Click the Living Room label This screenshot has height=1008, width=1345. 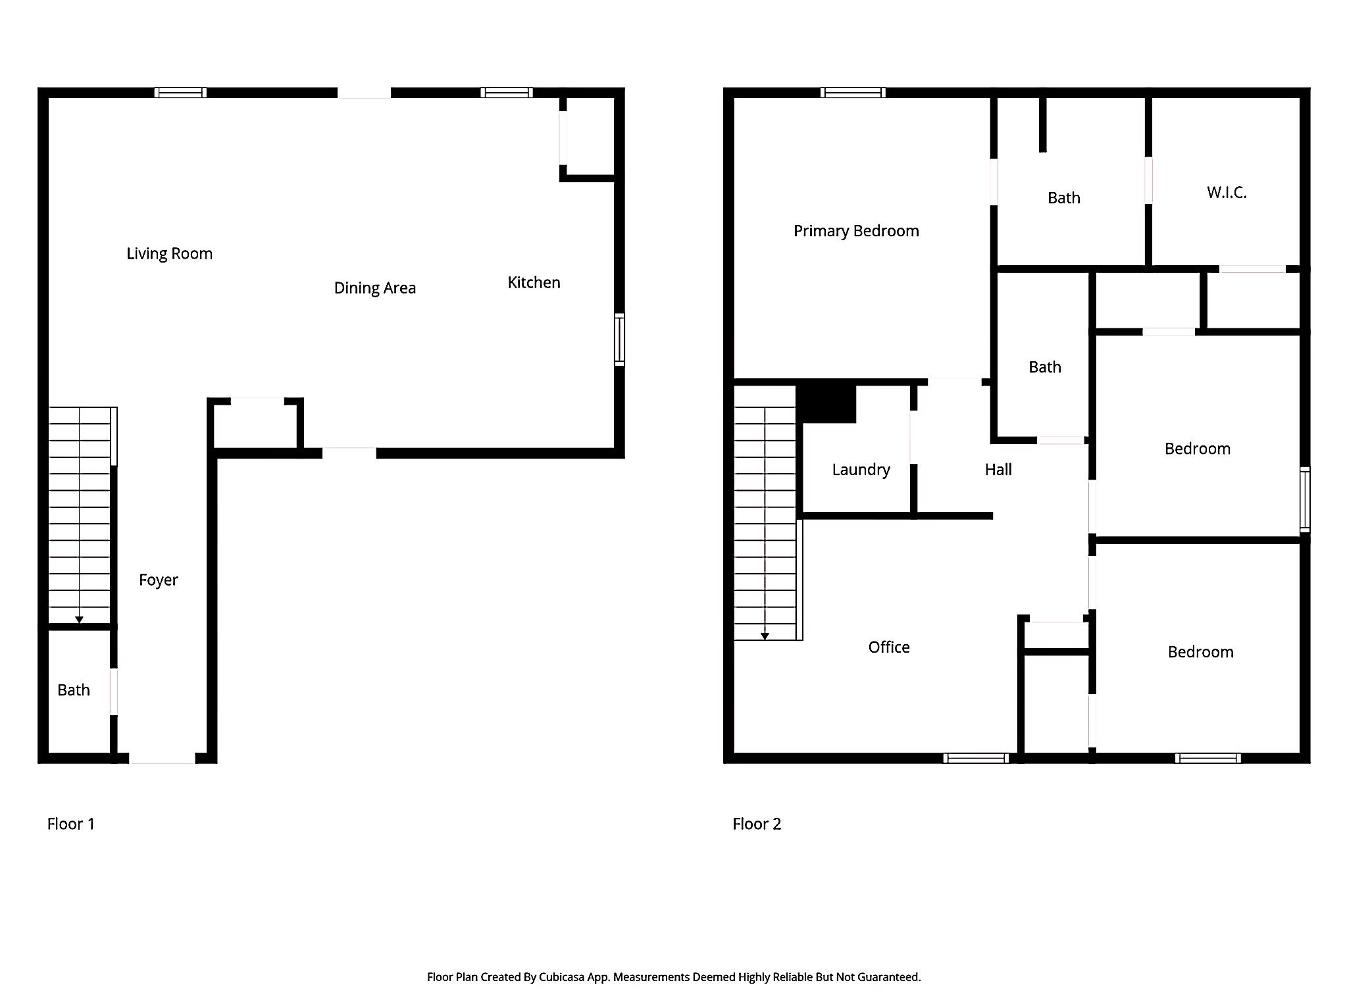click(x=169, y=254)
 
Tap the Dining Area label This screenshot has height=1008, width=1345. click(x=374, y=288)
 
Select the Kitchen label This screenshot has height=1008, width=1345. click(x=534, y=283)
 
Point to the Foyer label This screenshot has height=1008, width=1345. click(x=159, y=580)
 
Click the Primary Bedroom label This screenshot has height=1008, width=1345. click(x=856, y=231)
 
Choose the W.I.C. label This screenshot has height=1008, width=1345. click(x=1227, y=193)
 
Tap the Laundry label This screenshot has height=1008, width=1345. click(x=861, y=470)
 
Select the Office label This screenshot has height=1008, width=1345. click(x=889, y=647)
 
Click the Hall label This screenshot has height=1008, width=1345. click(x=998, y=470)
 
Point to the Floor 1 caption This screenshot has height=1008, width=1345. click(x=71, y=824)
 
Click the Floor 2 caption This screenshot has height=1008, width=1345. click(x=757, y=824)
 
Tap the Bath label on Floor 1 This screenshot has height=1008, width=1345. click(x=74, y=690)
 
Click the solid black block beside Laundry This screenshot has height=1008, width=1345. click(x=826, y=404)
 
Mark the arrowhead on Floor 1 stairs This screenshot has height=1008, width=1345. click(x=79, y=620)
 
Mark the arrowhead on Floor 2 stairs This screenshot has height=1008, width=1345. click(x=765, y=636)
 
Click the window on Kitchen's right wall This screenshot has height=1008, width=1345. click(x=619, y=340)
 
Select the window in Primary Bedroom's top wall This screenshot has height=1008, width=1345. click(x=853, y=93)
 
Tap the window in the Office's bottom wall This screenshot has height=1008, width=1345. click(x=976, y=759)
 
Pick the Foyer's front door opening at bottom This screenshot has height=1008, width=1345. click(x=162, y=759)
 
